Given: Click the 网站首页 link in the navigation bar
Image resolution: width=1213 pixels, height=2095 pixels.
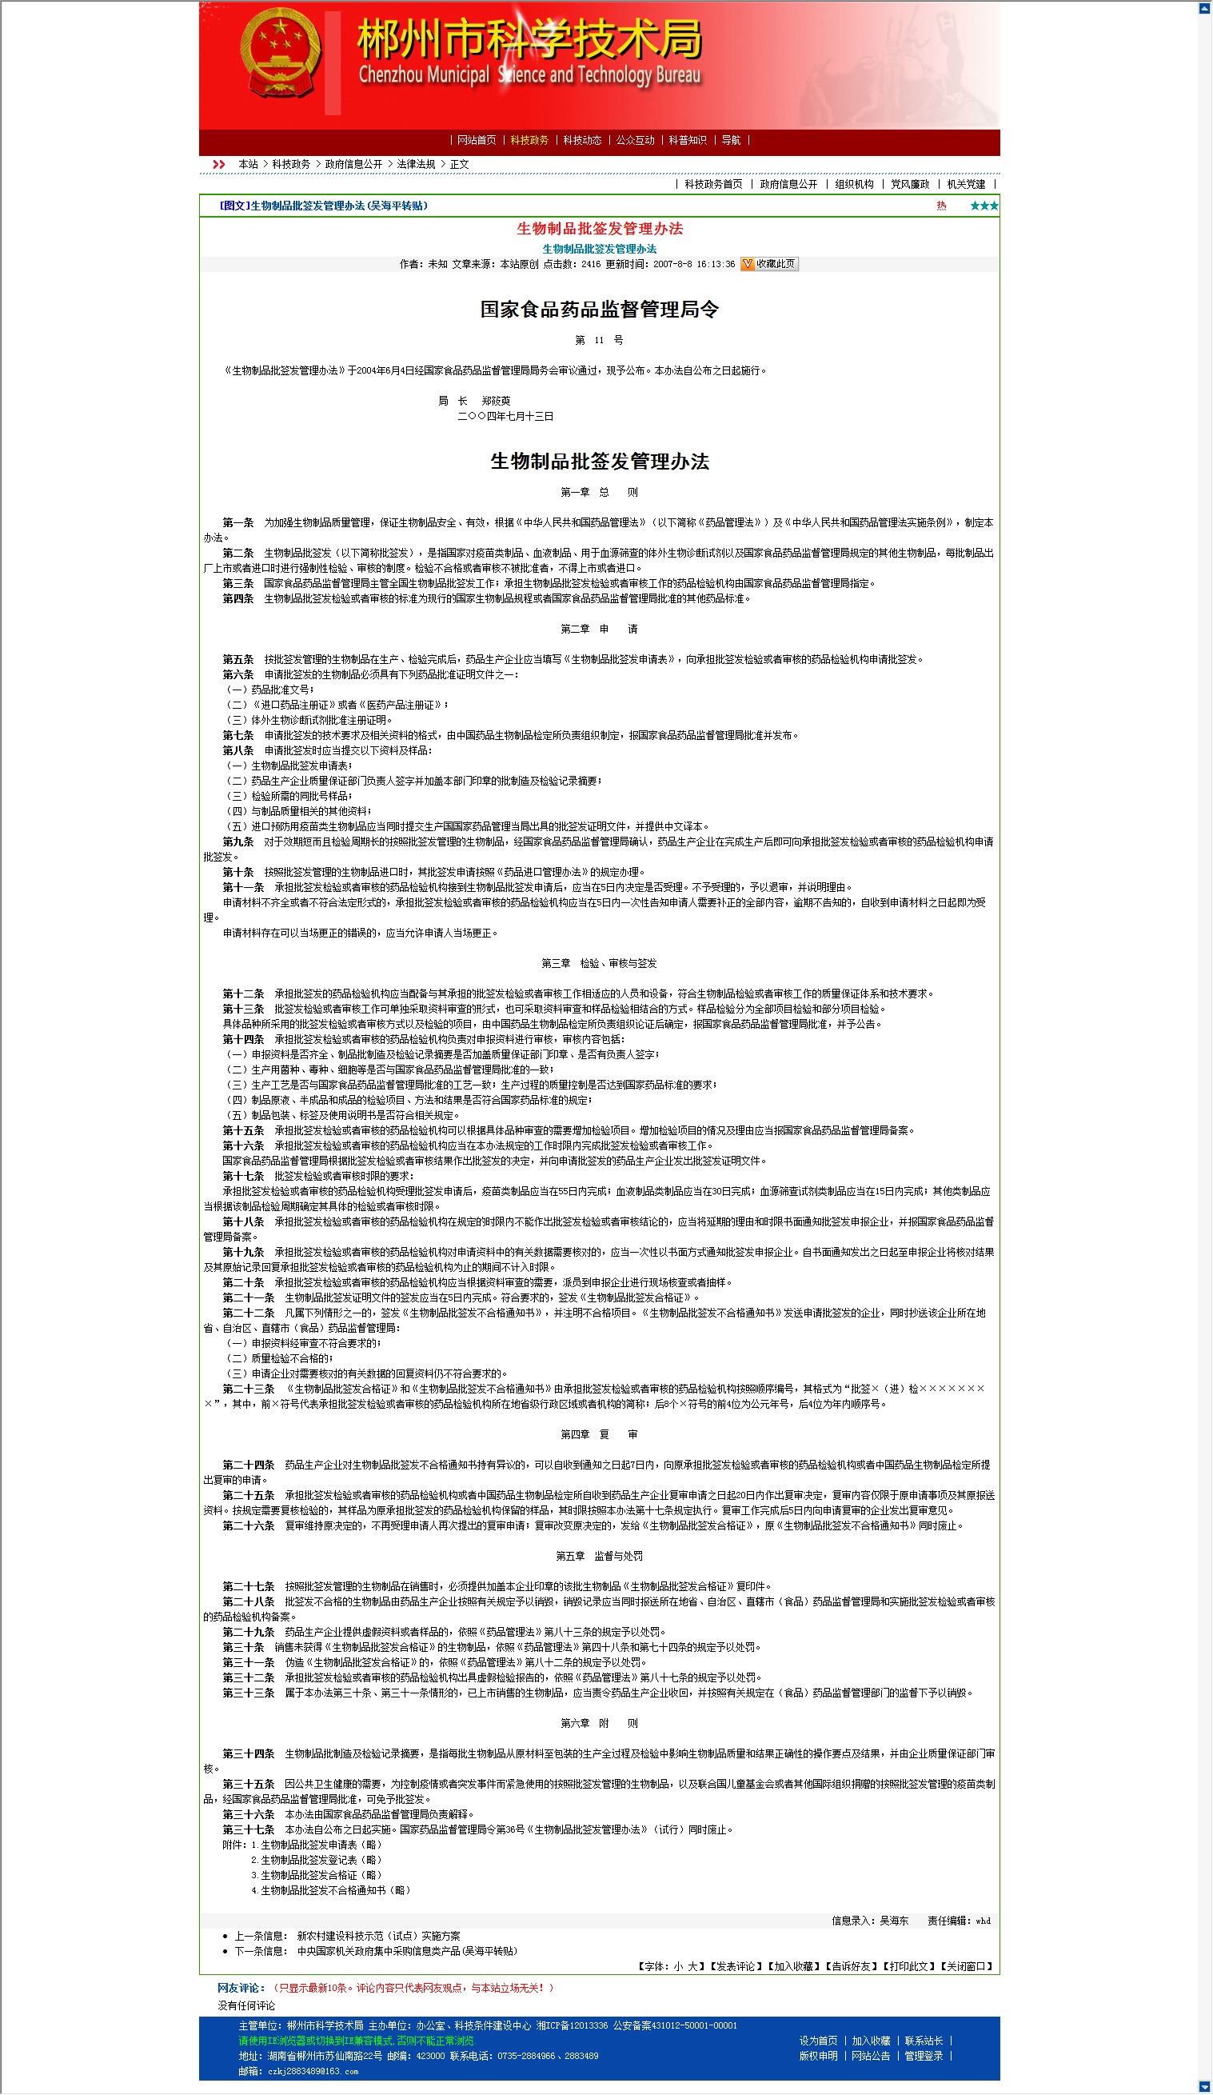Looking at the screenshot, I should [x=476, y=141].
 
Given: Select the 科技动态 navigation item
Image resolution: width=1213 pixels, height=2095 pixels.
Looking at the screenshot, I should [x=581, y=141].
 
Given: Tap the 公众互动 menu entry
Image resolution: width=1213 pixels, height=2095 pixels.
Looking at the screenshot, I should [x=635, y=141].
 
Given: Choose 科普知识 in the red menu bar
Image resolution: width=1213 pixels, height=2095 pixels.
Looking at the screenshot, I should [x=687, y=141].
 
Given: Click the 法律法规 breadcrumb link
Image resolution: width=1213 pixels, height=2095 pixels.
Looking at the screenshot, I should [x=416, y=165].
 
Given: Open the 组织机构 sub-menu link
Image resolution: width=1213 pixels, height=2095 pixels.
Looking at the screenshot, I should [x=854, y=185].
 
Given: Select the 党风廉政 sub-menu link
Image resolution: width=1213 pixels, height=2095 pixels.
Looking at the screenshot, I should [x=910, y=185].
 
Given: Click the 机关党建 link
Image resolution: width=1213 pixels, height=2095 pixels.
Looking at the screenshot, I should [x=965, y=185].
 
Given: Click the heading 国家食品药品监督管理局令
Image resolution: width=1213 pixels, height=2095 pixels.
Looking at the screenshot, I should [x=599, y=310].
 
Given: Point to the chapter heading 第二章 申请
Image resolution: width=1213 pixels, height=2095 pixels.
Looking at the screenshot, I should [x=599, y=630].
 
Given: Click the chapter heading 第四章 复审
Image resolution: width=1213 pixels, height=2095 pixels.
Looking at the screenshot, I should [x=599, y=1435].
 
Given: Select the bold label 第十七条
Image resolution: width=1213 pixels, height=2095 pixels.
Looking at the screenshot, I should [x=242, y=1177].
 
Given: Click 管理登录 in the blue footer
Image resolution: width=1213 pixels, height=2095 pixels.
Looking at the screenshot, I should [x=924, y=2056].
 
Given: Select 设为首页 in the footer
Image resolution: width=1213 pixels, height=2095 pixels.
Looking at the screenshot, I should [x=818, y=2041].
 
